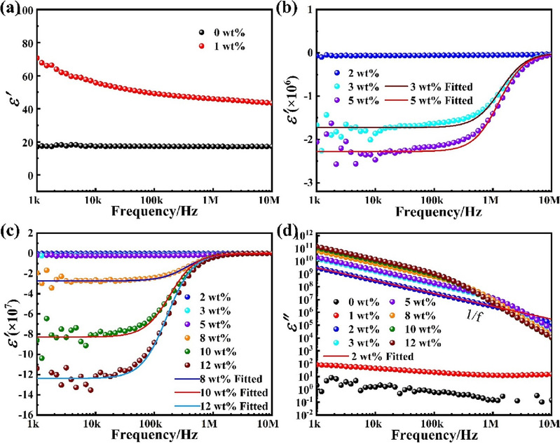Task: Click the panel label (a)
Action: pyautogui.click(x=12, y=10)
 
